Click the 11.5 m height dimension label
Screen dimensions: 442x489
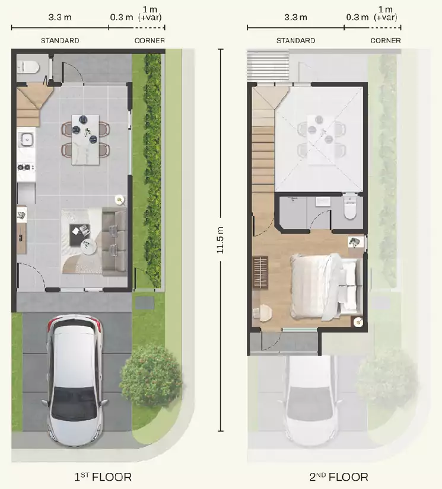220,240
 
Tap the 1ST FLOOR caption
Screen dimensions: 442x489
103,477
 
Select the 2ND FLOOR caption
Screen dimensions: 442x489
339,477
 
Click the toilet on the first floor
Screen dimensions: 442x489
28,67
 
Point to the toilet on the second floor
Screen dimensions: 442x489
349,207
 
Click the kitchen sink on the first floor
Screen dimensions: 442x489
27,139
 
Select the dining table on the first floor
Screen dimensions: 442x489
85,139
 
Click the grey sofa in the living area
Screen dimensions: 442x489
115,241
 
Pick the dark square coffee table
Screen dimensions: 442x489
80,235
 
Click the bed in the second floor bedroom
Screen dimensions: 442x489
325,287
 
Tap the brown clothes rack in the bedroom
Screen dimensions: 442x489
260,273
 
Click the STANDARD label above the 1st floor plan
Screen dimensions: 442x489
60,40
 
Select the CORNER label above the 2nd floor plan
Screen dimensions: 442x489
386,40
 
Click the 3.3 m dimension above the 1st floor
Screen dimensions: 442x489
60,17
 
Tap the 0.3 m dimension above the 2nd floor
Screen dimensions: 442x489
357,17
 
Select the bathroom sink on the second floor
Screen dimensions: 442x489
323,202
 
